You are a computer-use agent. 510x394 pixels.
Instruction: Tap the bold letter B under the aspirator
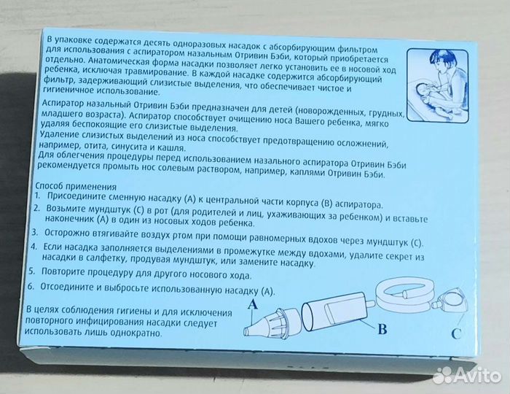[x=380, y=328]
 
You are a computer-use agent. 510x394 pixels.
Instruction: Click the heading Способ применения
[x=75, y=186]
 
